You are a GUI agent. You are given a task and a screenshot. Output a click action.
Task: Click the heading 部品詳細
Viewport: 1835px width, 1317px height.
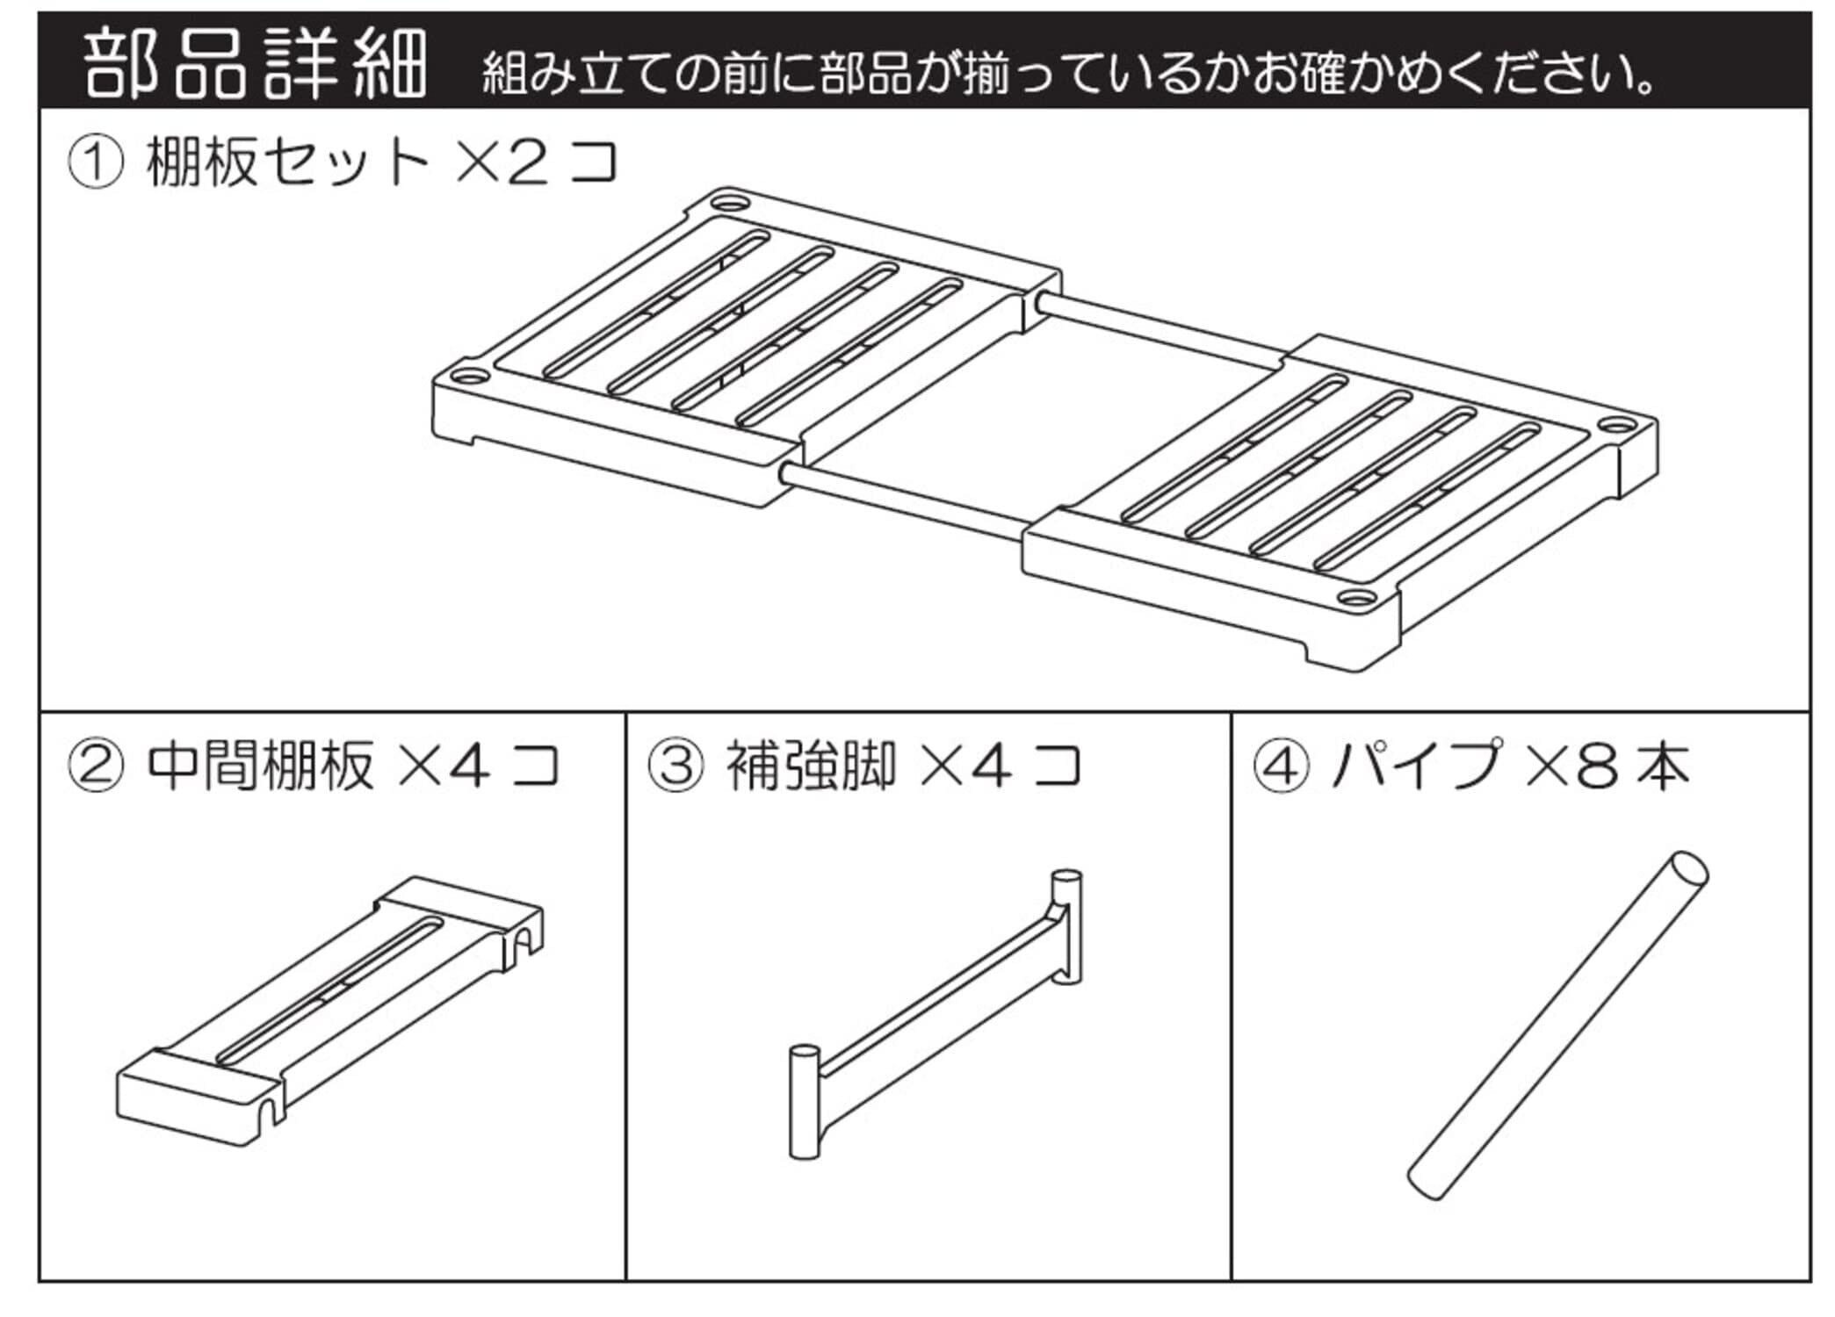click(x=255, y=63)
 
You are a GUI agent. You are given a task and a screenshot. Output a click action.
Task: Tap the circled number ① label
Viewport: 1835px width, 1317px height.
click(x=95, y=163)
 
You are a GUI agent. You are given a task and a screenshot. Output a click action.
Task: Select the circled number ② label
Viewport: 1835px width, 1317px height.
click(x=95, y=766)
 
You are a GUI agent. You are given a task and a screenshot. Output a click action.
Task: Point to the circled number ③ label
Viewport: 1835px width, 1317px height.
click(x=675, y=766)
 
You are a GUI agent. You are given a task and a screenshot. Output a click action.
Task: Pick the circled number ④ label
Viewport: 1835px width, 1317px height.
click(x=1280, y=766)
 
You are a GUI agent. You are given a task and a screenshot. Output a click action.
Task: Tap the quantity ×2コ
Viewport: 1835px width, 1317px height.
click(x=536, y=162)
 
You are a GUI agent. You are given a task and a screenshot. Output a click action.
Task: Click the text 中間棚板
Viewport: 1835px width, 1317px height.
click(x=260, y=766)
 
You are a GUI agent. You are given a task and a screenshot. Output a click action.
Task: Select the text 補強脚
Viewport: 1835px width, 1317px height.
click(x=810, y=766)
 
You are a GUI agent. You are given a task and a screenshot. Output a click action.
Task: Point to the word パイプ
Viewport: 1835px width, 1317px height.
click(x=1416, y=766)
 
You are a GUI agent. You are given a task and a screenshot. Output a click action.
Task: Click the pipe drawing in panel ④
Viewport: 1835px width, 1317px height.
click(x=1558, y=1026)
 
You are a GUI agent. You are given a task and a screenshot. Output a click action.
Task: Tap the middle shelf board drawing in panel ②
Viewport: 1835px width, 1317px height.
click(x=329, y=1010)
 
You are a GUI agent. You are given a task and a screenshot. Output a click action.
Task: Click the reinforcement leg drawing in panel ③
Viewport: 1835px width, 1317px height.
click(x=936, y=1010)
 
